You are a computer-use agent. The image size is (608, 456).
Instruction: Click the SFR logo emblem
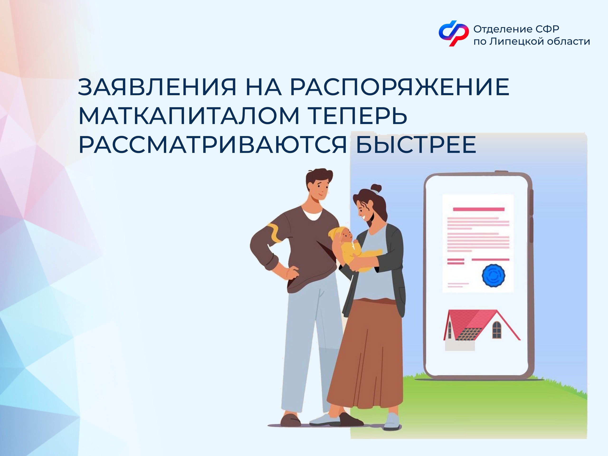453,33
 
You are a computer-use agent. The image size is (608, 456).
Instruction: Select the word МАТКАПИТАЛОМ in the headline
189,116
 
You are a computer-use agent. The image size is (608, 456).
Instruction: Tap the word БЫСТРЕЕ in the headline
416,145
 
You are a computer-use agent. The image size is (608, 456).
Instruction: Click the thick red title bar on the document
479,209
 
